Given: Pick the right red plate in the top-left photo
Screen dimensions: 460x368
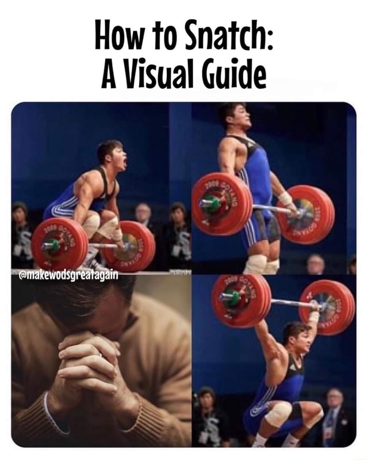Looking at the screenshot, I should click(129, 246).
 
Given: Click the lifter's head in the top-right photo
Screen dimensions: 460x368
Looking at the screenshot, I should click(235, 116).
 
